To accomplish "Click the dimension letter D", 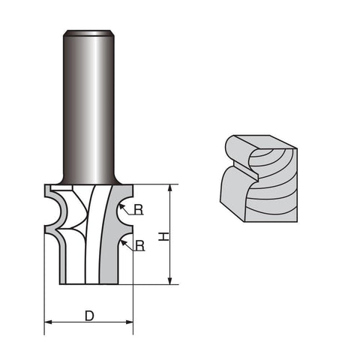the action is tap(89, 316).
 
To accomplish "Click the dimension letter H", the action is tap(163, 236).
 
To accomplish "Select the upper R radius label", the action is tap(139, 210).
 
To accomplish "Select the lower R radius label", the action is tap(140, 246).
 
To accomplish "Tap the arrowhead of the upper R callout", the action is tap(121, 207).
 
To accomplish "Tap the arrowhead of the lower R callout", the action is tap(123, 243).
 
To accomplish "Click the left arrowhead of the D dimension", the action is tap(48, 322).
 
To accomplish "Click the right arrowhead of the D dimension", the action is tap(130, 322).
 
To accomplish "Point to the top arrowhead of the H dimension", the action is tap(170, 188).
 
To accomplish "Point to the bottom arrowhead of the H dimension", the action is tap(170, 280).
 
